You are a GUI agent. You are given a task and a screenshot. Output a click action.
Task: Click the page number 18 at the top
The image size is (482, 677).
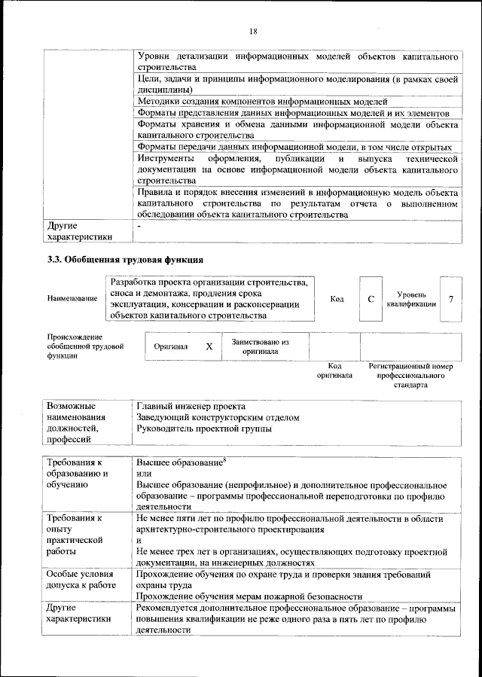253,31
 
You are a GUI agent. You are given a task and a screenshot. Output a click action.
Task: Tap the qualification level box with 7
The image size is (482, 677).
450,299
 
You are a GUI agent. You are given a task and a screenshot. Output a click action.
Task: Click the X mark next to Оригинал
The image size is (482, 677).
209,346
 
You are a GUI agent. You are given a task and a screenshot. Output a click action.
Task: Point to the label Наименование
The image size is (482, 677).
72,299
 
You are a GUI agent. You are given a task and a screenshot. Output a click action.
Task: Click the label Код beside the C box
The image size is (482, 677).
337,299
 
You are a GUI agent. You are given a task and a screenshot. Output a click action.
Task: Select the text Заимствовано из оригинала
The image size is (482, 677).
260,346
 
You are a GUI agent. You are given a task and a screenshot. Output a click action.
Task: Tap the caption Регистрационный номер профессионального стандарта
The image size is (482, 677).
410,375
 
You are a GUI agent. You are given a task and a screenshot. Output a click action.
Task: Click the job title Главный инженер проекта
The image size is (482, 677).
191,407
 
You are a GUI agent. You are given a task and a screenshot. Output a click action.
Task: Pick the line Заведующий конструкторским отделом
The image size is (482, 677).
218,417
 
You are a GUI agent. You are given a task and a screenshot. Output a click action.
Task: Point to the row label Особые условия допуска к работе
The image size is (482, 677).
81,580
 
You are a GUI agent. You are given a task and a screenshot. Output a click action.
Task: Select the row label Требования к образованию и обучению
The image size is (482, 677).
78,473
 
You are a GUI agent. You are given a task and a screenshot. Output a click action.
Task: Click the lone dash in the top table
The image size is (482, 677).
139,225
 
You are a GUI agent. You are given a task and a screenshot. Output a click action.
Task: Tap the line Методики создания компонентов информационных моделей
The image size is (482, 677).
262,101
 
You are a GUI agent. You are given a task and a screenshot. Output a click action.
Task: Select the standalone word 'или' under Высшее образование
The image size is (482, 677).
144,474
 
